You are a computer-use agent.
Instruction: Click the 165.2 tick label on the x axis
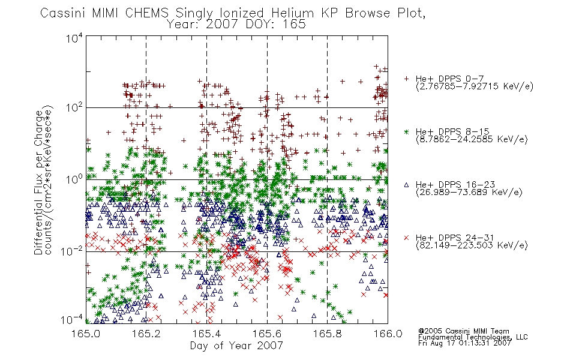[x=146, y=334]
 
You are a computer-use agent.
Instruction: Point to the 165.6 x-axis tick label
[x=267, y=334]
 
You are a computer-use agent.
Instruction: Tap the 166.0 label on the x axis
[x=388, y=334]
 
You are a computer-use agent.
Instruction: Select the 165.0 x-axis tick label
[x=86, y=334]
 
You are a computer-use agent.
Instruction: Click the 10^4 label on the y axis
[x=74, y=38]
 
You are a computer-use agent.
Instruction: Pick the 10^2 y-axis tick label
[x=74, y=107]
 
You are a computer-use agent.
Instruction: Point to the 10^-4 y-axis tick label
[x=72, y=320]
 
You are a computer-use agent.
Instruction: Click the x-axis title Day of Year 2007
[x=236, y=346]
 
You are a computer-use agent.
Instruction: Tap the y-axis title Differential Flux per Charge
[x=38, y=182]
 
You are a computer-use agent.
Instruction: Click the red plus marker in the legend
[x=406, y=79]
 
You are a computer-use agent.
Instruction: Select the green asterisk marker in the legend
[x=406, y=131]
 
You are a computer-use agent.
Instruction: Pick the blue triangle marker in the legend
[x=406, y=185]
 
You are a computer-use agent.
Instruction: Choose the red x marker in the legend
[x=406, y=238]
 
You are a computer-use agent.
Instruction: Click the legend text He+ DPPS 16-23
[x=455, y=185]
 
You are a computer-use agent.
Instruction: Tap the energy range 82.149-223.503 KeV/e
[x=472, y=245]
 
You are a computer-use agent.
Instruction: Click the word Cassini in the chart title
[x=63, y=13]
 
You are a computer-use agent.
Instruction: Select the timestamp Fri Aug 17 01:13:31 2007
[x=464, y=343]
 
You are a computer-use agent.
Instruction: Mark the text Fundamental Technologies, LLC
[x=473, y=337]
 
